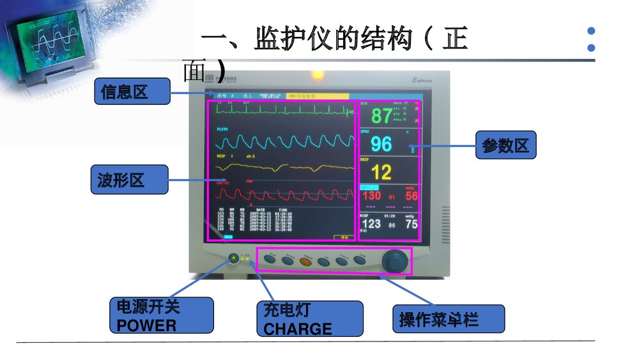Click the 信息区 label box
point(132,91)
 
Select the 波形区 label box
point(129,180)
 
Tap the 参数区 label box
point(505,145)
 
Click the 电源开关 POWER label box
point(162,315)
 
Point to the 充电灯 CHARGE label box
point(309,319)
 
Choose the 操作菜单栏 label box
point(448,318)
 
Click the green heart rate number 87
point(381,116)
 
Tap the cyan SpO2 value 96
point(381,144)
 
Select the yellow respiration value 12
point(381,172)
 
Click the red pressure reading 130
point(372,196)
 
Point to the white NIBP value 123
point(371,223)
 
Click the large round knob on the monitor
point(394,261)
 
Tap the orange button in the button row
point(306,260)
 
